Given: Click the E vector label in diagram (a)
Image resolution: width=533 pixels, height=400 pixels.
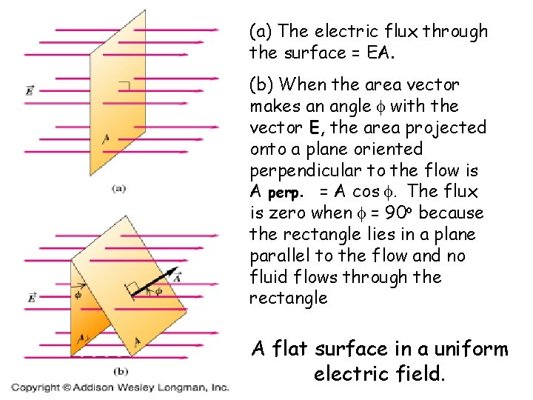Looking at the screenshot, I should (x=29, y=90).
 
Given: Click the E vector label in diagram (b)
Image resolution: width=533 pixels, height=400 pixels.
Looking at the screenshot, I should (x=31, y=298).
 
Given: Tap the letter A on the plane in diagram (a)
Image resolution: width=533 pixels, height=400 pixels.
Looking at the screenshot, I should (x=107, y=138).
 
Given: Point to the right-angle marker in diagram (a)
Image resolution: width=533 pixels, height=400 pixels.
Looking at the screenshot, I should (x=126, y=87).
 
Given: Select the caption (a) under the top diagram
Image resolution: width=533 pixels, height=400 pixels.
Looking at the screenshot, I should (x=118, y=190).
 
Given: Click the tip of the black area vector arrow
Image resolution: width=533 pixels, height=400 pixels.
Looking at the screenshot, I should (x=179, y=272).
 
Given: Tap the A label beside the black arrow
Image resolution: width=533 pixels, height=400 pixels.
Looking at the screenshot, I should (x=175, y=279).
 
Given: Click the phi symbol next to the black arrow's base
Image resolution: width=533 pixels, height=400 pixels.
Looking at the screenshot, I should (x=158, y=291).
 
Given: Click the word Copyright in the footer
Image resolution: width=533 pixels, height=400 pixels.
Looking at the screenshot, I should (x=35, y=387).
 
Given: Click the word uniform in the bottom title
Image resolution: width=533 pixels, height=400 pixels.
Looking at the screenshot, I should (x=469, y=349).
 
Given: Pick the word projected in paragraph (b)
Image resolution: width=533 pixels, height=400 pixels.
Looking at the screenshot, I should (x=455, y=127).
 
